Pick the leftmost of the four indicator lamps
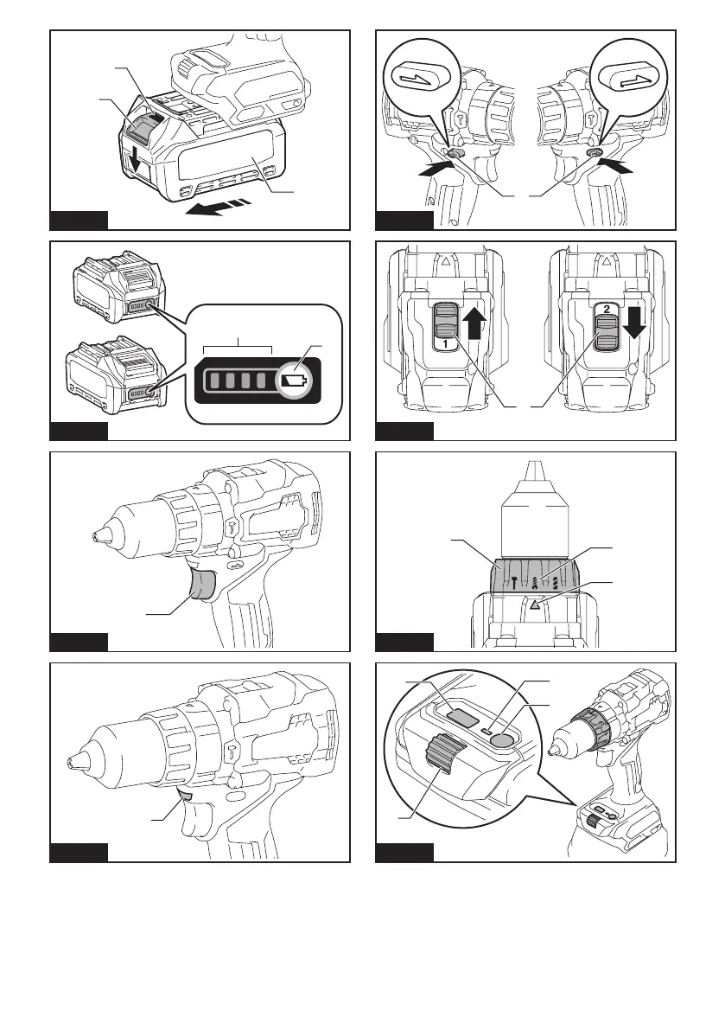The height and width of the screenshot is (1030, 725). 212,380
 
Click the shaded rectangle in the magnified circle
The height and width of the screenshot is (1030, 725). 461,717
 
